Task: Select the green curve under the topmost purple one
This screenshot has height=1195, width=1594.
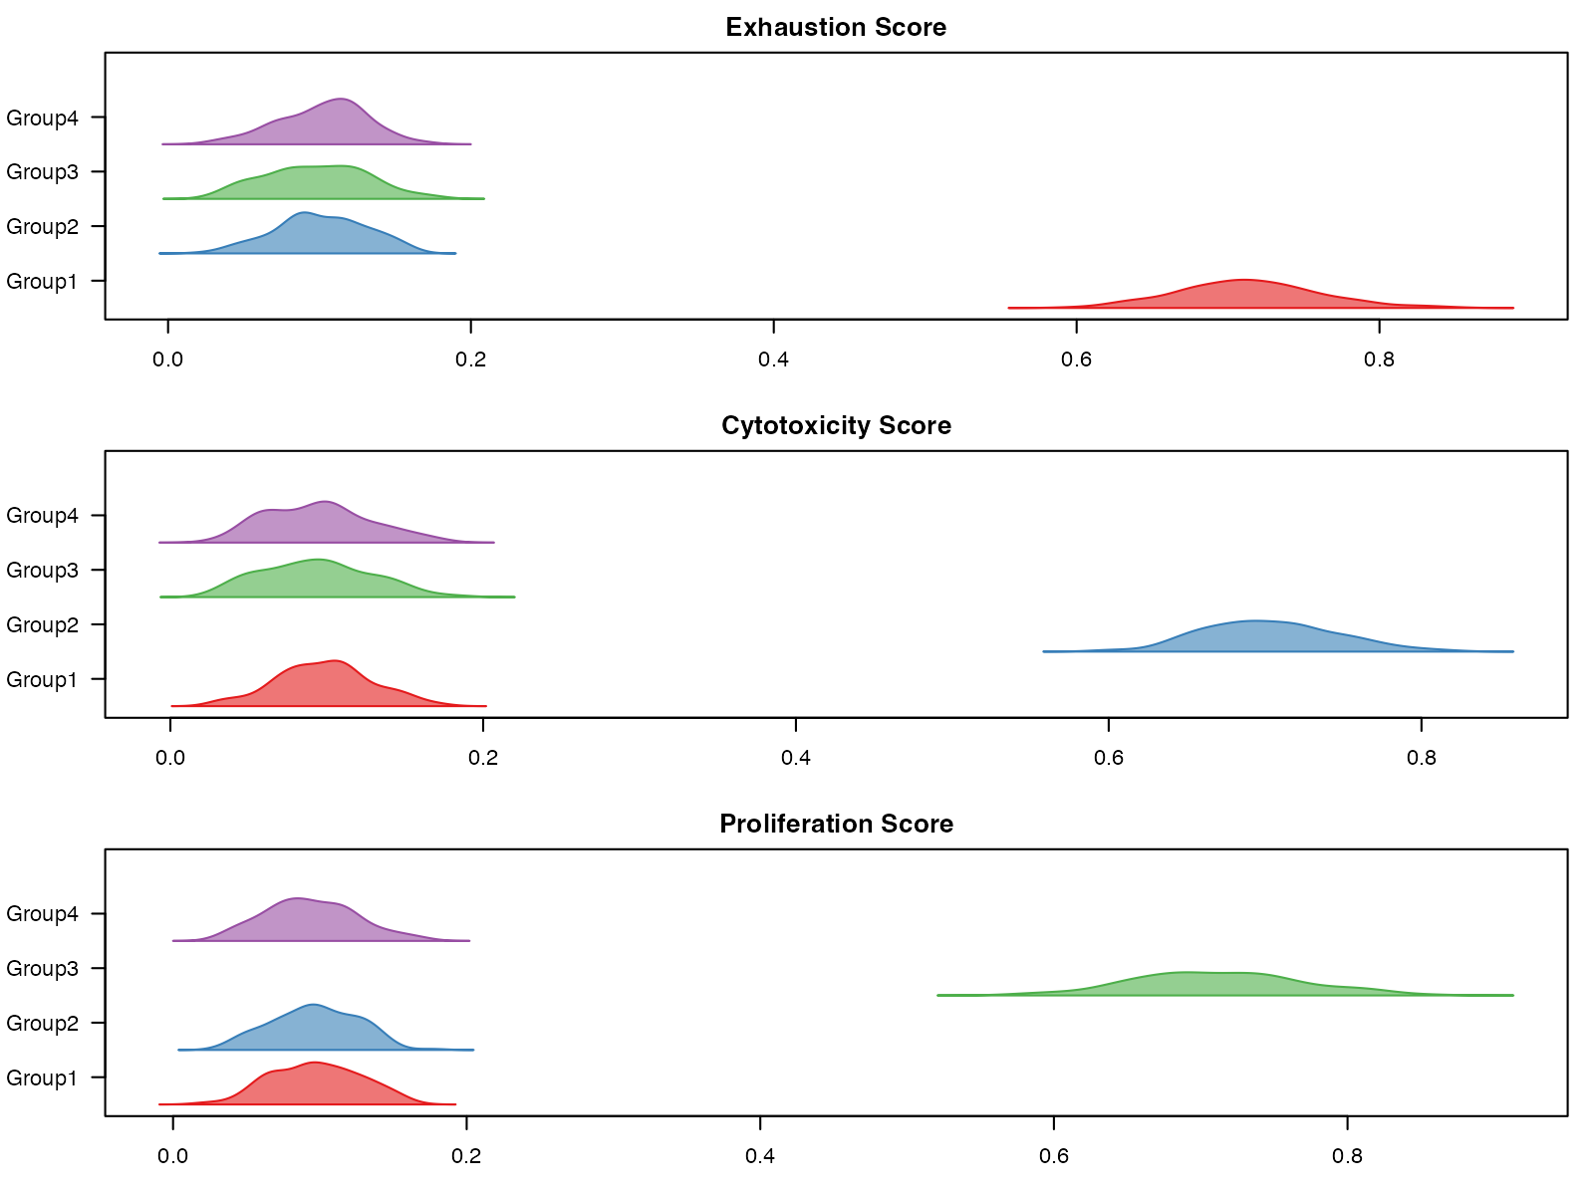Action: coord(319,183)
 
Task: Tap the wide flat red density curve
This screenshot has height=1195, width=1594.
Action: coord(1245,296)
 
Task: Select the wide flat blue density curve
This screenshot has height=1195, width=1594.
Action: coord(1260,637)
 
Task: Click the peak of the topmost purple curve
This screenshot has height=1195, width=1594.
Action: coord(342,99)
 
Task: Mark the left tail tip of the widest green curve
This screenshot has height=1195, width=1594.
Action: coord(938,994)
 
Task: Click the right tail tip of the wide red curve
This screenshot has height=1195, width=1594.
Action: coord(1512,308)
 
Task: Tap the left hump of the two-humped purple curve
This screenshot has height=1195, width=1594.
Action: coord(267,510)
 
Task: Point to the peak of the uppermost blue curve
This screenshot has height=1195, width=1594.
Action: coord(303,212)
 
